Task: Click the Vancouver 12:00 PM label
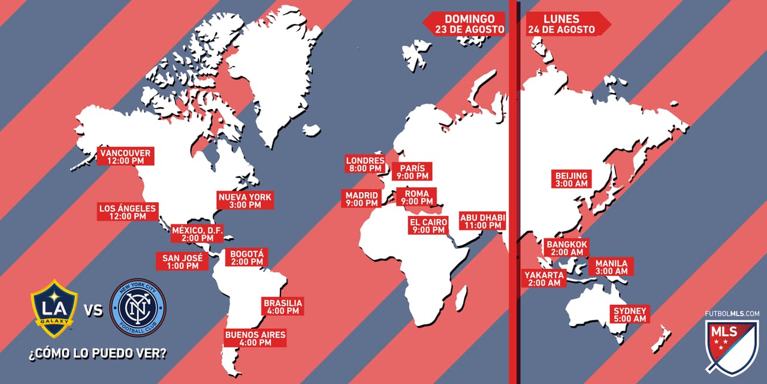pos(125,157)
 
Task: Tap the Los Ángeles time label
pos(128,212)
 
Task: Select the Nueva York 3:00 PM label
pos(244,200)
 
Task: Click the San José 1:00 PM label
pos(183,261)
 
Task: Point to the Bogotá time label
pos(246,257)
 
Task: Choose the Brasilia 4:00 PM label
pos(282,307)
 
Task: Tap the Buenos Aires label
pos(255,338)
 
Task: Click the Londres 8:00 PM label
pos(365,164)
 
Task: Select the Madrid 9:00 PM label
pos(362,199)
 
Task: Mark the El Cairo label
pos(428,226)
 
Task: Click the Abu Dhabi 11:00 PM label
pos(482,221)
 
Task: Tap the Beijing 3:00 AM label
pos(571,179)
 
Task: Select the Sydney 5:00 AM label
pos(629,314)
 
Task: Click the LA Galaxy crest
pos(55,308)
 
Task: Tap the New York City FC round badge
pos(138,307)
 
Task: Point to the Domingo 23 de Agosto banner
pos(465,23)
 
